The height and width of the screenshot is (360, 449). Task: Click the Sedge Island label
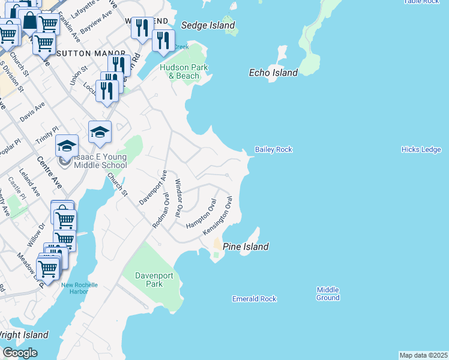(x=208, y=26)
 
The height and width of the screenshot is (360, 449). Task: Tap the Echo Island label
(x=273, y=73)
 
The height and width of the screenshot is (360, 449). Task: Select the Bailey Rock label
(x=273, y=149)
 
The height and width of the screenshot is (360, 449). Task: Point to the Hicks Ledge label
(x=421, y=149)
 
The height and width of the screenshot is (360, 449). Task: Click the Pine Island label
(x=246, y=247)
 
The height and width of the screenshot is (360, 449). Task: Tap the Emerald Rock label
(x=254, y=299)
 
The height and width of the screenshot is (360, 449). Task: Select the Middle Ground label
(x=328, y=293)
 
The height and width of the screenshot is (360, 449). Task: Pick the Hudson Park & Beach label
(x=184, y=71)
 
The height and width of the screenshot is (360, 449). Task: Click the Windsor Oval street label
(x=178, y=197)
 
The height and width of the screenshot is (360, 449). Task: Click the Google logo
(x=20, y=353)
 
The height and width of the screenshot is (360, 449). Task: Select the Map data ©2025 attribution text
(x=423, y=355)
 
